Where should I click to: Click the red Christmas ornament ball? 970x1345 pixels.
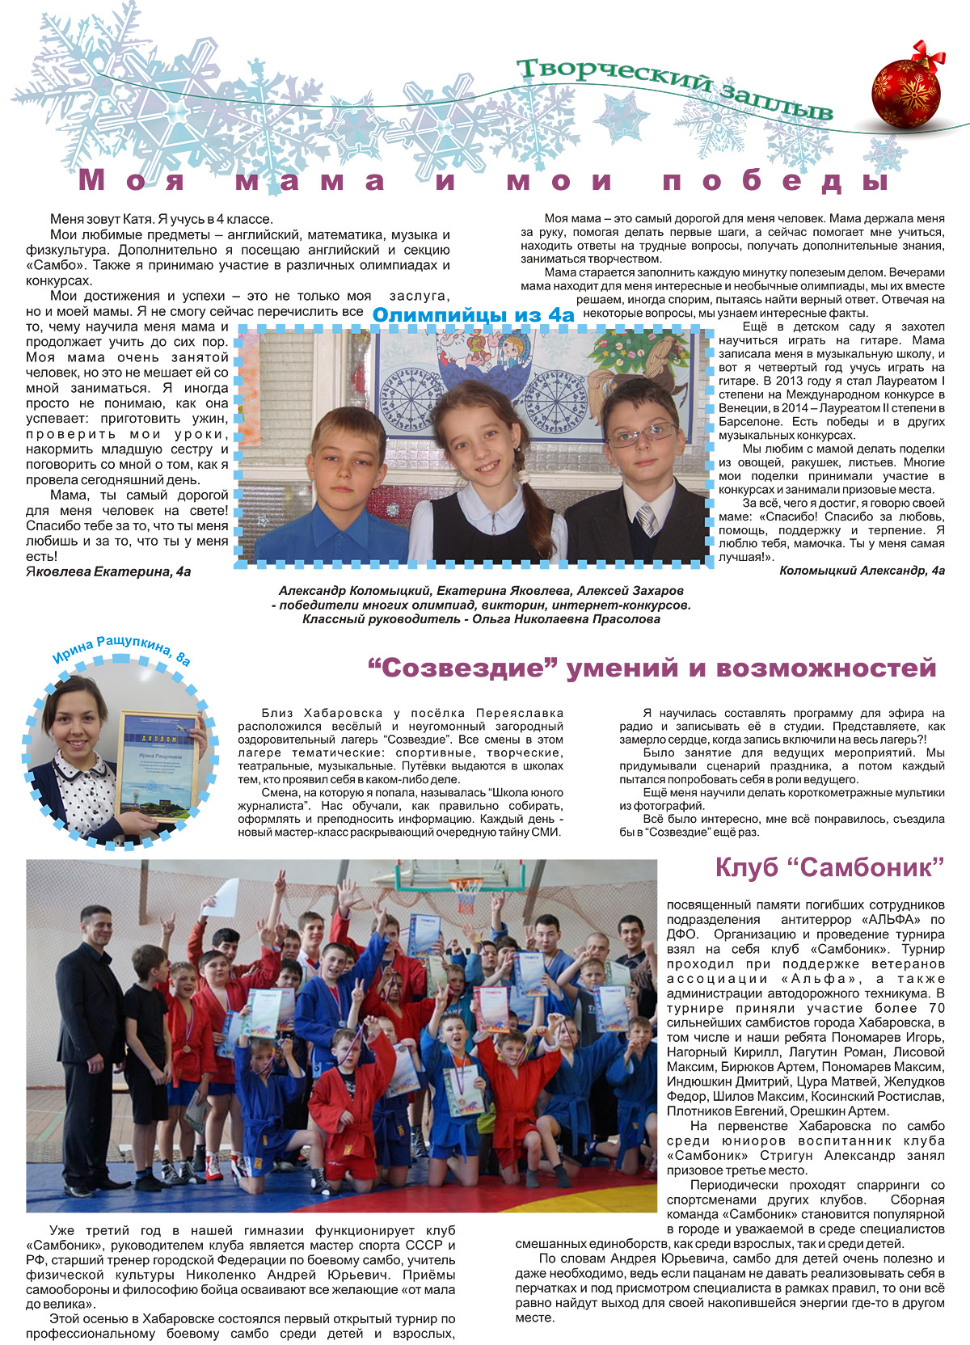[906, 87]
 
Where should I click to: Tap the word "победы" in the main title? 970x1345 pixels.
[776, 180]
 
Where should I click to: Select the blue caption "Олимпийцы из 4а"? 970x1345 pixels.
[473, 314]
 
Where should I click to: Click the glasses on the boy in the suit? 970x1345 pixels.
[643, 435]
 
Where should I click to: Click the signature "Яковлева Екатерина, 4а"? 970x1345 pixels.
[108, 571]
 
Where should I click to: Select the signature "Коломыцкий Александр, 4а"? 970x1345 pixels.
[862, 571]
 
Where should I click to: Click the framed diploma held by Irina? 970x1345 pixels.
[158, 764]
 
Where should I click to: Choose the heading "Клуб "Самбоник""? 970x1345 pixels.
[829, 868]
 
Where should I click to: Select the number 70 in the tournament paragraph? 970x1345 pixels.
[936, 1008]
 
